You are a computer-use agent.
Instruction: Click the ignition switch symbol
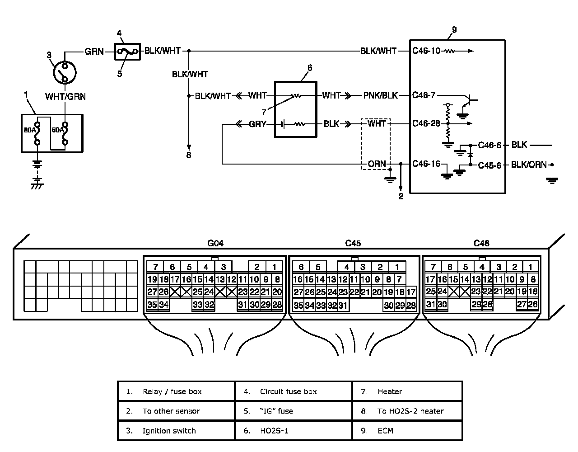pos(65,72)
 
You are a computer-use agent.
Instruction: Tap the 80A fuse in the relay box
pos(37,133)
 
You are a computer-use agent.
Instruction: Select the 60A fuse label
pos(58,130)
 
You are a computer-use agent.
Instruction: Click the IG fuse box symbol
pos(127,52)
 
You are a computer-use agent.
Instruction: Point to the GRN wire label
pos(94,51)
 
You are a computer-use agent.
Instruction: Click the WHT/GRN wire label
pos(65,96)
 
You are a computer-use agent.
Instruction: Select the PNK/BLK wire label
pos(380,95)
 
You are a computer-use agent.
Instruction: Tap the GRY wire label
pos(257,124)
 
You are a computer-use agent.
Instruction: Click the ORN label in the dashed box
pos(377,164)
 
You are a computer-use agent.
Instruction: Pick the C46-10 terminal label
pos(426,51)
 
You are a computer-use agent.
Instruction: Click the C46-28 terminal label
pos(426,124)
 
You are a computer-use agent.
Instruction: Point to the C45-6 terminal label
pos(489,165)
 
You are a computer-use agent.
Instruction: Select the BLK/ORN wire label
pos(529,165)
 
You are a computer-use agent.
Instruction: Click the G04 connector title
pos(215,243)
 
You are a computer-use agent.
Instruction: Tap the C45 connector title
pos(353,243)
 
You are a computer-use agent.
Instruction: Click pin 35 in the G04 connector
pos(152,305)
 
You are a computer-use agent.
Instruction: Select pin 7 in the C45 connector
pos(399,279)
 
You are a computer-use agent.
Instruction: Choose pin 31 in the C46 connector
pos(430,304)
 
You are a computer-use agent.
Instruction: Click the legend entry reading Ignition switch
pos(169,431)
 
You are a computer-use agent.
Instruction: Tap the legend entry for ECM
pos(385,431)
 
